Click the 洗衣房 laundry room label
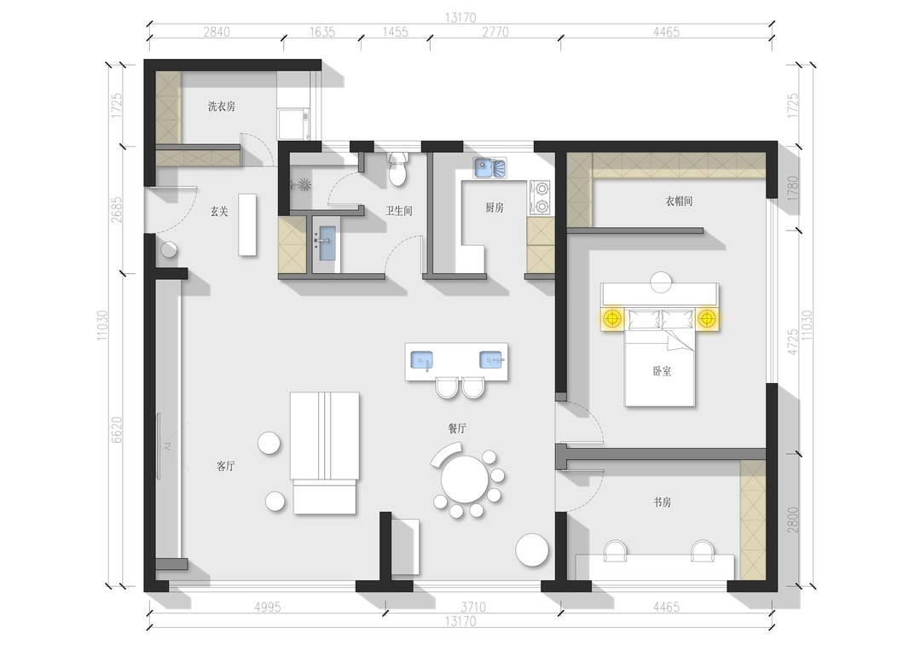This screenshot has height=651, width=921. (222, 107)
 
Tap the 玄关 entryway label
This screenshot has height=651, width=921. (219, 212)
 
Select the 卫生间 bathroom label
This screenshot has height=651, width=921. (399, 211)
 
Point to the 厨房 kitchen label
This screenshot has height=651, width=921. (495, 207)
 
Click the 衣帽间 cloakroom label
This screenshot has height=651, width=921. (679, 201)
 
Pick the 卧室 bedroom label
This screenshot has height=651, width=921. (662, 371)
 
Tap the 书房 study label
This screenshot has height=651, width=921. (662, 503)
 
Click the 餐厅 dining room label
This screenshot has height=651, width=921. (457, 429)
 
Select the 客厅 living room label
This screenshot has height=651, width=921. (225, 467)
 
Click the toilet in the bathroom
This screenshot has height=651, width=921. (398, 169)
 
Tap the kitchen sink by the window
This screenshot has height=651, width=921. (489, 167)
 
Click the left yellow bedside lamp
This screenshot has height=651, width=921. (612, 319)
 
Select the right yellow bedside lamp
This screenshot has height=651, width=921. (707, 319)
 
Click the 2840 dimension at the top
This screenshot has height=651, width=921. (216, 32)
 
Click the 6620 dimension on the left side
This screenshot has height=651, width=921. (117, 430)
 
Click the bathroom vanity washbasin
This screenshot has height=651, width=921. (327, 243)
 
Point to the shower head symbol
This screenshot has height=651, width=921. (304, 184)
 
